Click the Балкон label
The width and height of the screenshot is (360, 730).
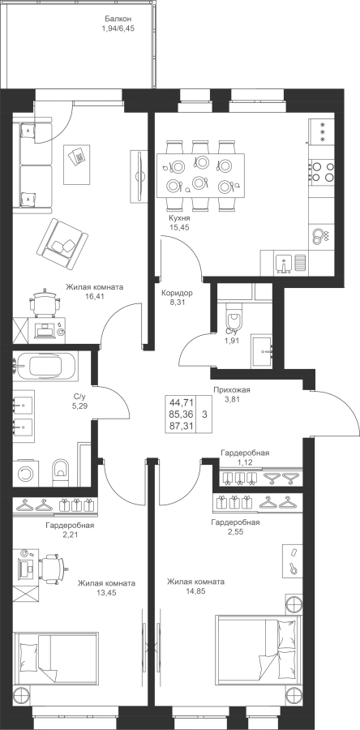(118, 19)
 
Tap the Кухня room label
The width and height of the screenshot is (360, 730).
(179, 217)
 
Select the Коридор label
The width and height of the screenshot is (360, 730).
(177, 294)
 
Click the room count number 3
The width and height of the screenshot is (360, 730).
(204, 414)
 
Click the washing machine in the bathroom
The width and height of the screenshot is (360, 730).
(26, 474)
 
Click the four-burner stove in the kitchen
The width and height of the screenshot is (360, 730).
(321, 171)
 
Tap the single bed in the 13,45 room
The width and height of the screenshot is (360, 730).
(56, 659)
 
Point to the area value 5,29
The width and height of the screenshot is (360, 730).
(80, 406)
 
